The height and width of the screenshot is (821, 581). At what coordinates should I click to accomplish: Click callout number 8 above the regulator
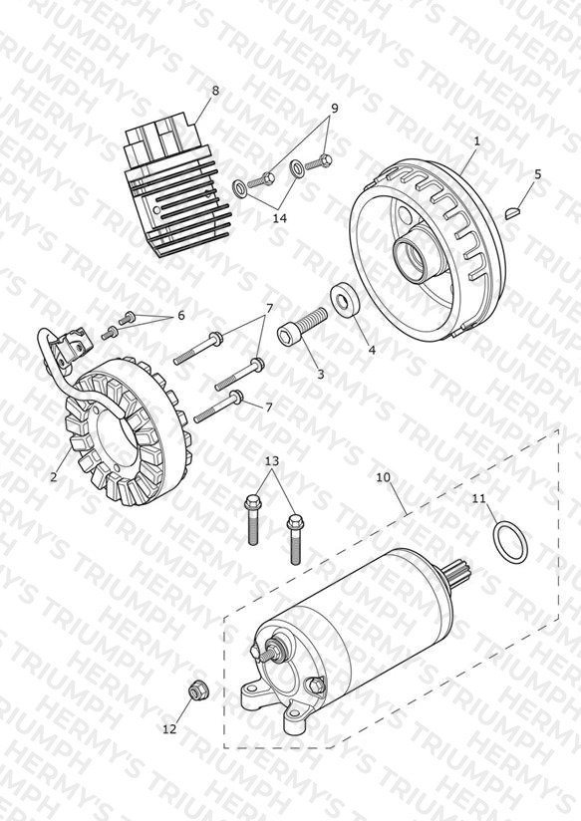click(x=215, y=91)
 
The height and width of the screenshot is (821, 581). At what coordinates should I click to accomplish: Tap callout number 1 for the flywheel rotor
click(x=476, y=140)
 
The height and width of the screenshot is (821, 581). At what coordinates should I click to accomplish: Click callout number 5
click(x=537, y=174)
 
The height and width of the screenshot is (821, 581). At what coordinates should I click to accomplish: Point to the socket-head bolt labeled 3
click(x=302, y=326)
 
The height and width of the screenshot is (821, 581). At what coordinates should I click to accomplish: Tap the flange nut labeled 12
click(x=196, y=691)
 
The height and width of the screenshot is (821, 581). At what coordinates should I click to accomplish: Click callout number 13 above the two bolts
click(x=272, y=461)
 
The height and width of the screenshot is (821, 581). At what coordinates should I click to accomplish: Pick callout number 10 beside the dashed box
click(x=383, y=477)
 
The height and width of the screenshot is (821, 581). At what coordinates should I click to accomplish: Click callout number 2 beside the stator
click(x=54, y=477)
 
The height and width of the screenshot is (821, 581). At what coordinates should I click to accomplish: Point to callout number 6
click(x=181, y=316)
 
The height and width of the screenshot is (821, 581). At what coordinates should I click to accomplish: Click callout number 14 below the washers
click(x=280, y=218)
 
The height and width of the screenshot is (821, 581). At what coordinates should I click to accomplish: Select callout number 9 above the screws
click(x=334, y=109)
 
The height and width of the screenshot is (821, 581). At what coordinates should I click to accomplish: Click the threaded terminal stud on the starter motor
click(x=270, y=653)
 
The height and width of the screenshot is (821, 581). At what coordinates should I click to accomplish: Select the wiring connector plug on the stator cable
click(x=70, y=344)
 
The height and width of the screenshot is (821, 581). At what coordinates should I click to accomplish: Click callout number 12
click(x=169, y=728)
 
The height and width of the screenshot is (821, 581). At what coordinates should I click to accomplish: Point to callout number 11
click(x=479, y=498)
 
